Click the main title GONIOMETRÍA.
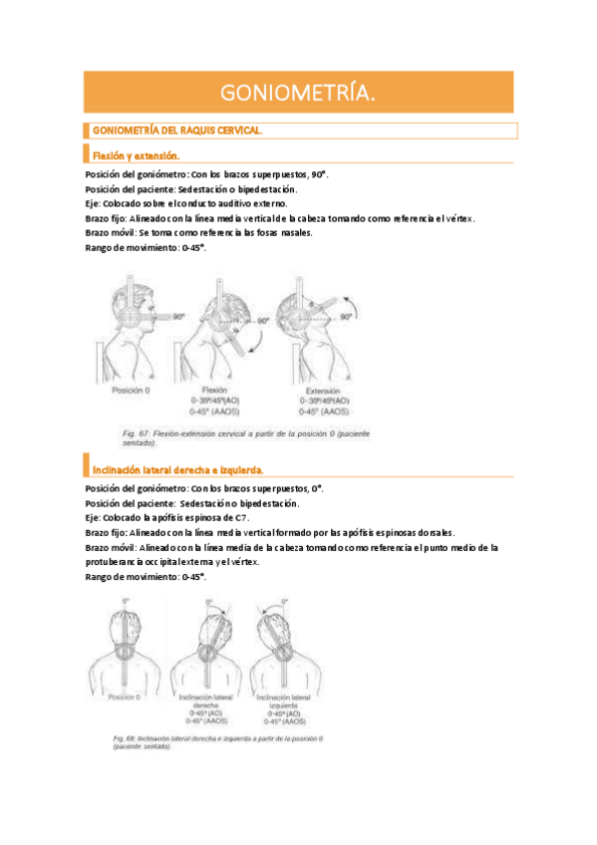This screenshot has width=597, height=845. point(298,93)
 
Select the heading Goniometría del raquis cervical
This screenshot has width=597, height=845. point(176,131)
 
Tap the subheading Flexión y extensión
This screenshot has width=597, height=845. point(136,155)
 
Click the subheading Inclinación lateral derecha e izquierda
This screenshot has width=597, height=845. point(177,469)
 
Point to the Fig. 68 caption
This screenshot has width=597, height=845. point(224,742)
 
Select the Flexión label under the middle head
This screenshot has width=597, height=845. point(216,391)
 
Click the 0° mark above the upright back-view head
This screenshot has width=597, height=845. point(126,601)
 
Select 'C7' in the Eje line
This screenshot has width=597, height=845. point(242,518)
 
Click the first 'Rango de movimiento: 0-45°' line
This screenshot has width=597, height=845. point(146,247)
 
